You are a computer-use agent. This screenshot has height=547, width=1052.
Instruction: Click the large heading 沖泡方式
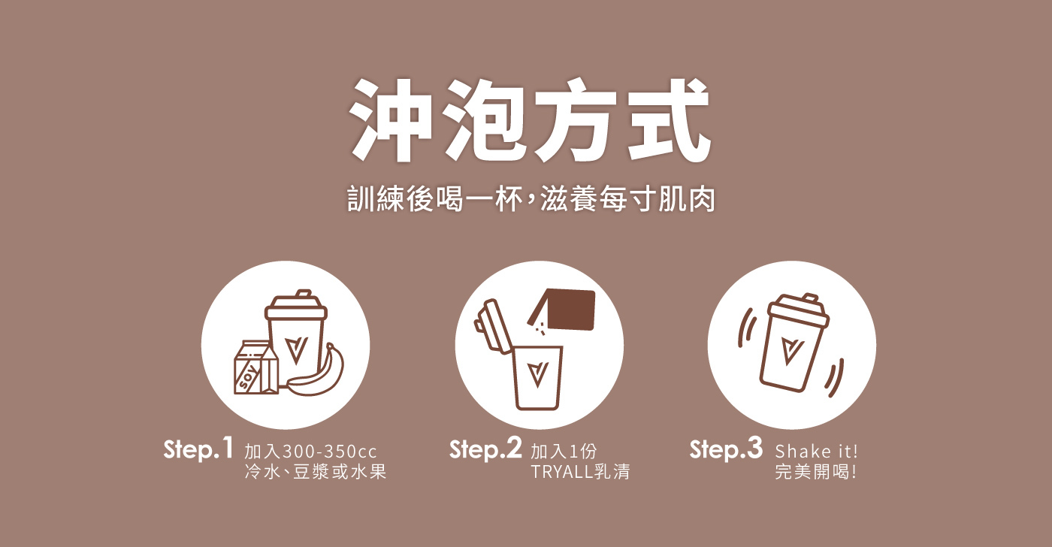coord(530,120)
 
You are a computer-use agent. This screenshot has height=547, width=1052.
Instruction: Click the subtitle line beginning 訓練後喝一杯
coord(531,199)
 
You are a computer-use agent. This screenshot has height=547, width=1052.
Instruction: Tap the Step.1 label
coord(198,449)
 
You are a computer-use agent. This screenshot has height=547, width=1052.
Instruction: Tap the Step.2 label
coord(485,449)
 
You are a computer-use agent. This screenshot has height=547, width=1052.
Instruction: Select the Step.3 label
coord(726,449)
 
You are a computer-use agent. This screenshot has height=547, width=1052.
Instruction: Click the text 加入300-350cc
coord(310,452)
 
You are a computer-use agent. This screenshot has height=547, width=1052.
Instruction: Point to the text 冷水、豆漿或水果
coord(315,471)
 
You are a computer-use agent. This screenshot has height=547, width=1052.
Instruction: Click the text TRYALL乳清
coord(580,471)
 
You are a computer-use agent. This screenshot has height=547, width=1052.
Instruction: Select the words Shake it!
coord(816,452)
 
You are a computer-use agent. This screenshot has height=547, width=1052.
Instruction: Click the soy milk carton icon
coord(256,367)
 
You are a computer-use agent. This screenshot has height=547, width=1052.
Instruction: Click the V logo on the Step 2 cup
coord(537,375)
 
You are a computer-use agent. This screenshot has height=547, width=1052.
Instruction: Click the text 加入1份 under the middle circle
coord(564,452)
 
